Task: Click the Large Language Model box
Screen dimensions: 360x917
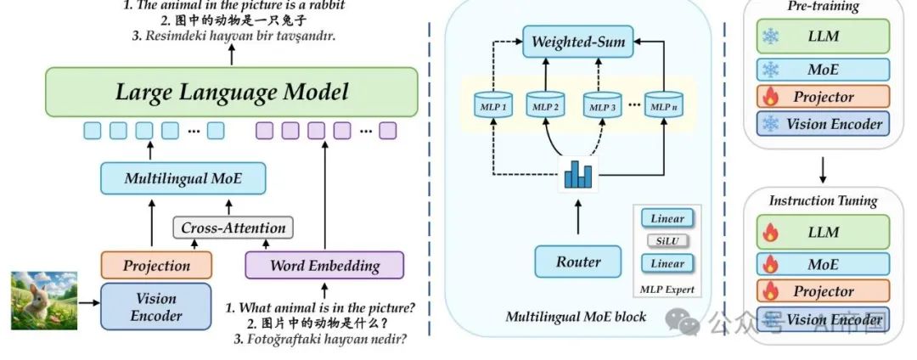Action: click(231, 93)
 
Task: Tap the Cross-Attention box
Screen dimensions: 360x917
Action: click(233, 228)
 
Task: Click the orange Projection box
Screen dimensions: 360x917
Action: click(156, 266)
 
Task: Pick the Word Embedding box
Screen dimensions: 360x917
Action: click(324, 266)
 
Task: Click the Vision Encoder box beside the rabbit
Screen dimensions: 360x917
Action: click(156, 307)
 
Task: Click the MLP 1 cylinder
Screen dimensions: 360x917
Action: click(493, 108)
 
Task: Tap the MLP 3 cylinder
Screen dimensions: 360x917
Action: click(605, 108)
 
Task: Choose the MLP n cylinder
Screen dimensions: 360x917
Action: click(663, 108)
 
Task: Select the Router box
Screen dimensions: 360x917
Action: click(577, 262)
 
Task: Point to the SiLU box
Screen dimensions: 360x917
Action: click(667, 241)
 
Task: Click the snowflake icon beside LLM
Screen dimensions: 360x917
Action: click(769, 36)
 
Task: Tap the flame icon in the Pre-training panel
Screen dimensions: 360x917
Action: click(769, 97)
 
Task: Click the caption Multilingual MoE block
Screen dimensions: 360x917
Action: click(576, 317)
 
